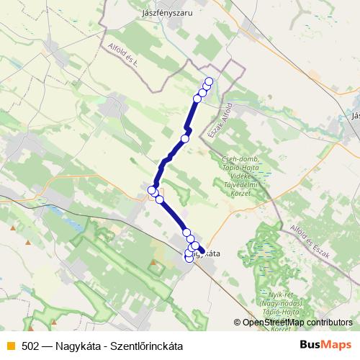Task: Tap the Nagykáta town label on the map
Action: tap(204, 253)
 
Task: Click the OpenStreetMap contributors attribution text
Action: tap(297, 323)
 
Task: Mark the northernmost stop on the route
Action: tap(210, 81)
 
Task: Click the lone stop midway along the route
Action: tap(185, 138)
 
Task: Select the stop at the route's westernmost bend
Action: tap(152, 190)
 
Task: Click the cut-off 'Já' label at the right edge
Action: tap(355, 114)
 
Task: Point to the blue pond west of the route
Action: tap(55, 213)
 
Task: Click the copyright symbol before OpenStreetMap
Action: tap(238, 323)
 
